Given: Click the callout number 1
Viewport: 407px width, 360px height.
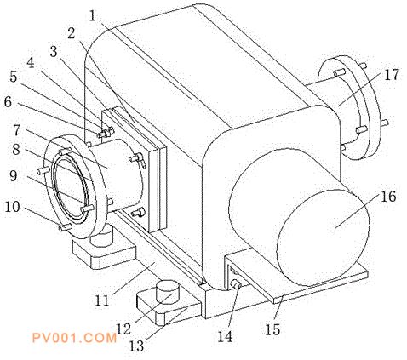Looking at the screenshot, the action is pyautogui.click(x=93, y=16).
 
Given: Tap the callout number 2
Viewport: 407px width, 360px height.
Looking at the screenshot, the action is pyautogui.click(x=72, y=33).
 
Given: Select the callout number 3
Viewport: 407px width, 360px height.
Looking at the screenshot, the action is pyautogui.click(x=54, y=52).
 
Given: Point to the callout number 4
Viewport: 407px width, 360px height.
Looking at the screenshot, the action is pyautogui.click(x=31, y=62).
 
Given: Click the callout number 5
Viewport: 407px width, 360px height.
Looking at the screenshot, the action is pyautogui.click(x=14, y=77).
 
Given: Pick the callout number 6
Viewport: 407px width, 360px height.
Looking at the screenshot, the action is pyautogui.click(x=8, y=101).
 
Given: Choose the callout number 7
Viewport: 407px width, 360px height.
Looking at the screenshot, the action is pyautogui.click(x=17, y=131).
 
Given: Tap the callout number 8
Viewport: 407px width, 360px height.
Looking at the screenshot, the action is pyautogui.click(x=16, y=149).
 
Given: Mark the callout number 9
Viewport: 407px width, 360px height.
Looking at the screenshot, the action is pyautogui.click(x=13, y=176).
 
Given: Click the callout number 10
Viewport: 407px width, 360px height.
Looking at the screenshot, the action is pyautogui.click(x=13, y=207).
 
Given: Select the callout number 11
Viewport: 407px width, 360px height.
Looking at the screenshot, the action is pyautogui.click(x=102, y=300).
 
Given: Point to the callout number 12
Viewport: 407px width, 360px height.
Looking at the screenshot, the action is pyautogui.click(x=123, y=329).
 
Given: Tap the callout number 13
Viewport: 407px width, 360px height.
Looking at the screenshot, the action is pyautogui.click(x=137, y=346).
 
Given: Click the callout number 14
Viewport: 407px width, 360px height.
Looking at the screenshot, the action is pyautogui.click(x=225, y=337).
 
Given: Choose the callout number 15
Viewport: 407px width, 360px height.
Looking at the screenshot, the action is pyautogui.click(x=272, y=329).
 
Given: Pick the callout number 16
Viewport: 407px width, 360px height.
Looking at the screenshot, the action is pyautogui.click(x=388, y=197).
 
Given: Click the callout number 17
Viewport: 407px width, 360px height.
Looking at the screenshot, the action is pyautogui.click(x=392, y=75).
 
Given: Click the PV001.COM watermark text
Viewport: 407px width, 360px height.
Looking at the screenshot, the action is pyautogui.click(x=74, y=338).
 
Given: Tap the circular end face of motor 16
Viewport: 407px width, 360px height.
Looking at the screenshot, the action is pyautogui.click(x=323, y=237).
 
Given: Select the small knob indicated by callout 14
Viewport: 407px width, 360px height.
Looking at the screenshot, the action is pyautogui.click(x=236, y=284).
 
